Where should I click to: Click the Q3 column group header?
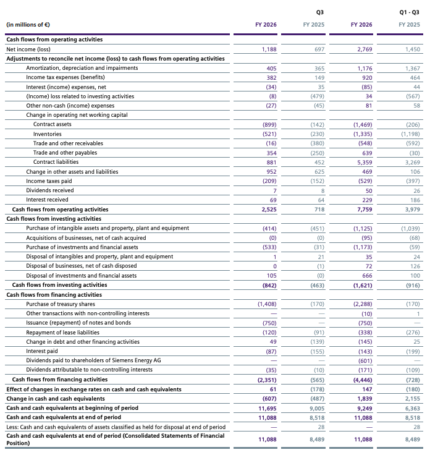320,12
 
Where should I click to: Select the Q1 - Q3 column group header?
409,12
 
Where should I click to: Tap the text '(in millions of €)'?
28,25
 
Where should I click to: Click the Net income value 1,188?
269,49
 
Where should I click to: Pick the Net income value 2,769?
365,49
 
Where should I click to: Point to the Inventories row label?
47,134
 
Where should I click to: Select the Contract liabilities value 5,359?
365,163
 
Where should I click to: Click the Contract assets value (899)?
269,125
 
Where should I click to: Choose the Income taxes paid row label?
49,181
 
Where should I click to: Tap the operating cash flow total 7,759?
365,210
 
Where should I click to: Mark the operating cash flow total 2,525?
269,210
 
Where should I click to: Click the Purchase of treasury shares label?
61,304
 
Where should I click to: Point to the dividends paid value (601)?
365,361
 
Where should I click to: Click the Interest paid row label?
42,351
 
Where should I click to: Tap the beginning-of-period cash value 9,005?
317,409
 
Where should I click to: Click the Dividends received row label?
50,190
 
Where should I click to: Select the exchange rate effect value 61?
273,389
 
